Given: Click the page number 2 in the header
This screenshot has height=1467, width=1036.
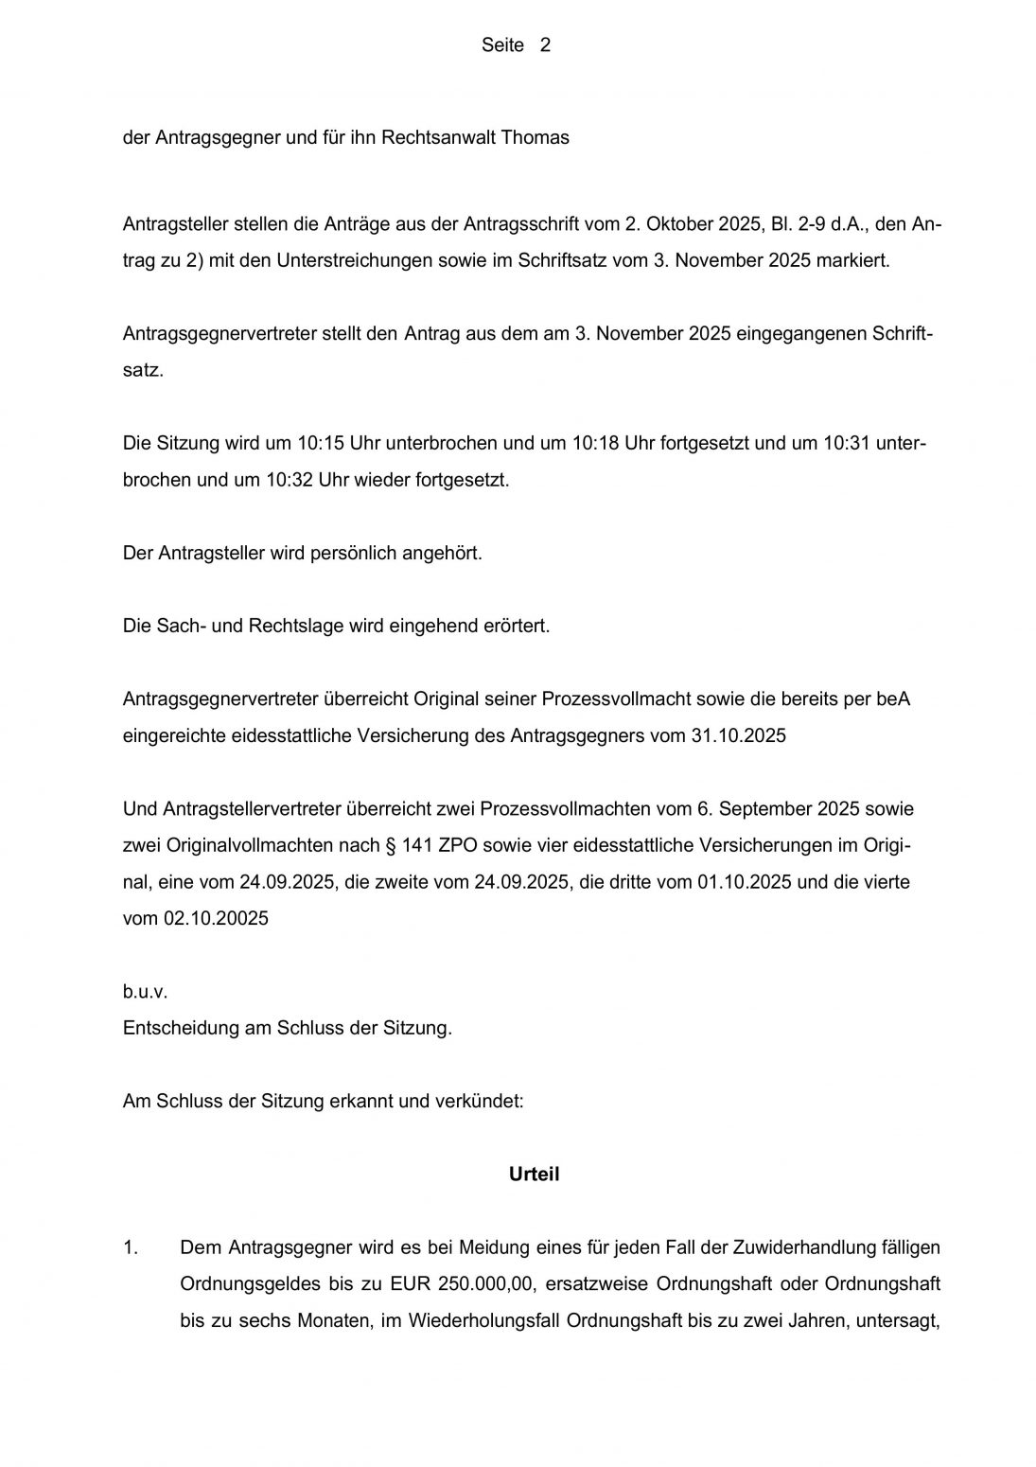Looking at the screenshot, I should pyautogui.click(x=545, y=44).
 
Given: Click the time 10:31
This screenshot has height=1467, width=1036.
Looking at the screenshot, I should pyautogui.click(x=847, y=443).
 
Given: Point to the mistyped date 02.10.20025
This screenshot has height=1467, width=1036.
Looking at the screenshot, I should pyautogui.click(x=217, y=918).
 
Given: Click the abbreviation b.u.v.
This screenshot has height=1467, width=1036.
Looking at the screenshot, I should pyautogui.click(x=145, y=992).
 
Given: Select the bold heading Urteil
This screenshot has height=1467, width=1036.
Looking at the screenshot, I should pyautogui.click(x=535, y=1174).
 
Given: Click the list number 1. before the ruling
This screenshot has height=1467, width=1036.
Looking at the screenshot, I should pyautogui.click(x=132, y=1247).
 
